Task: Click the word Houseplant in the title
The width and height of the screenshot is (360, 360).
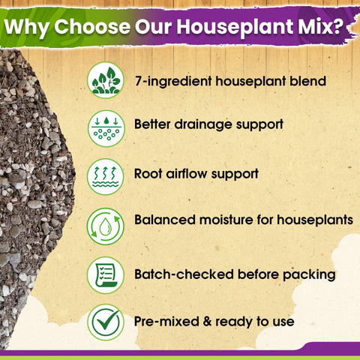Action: [x=235, y=27]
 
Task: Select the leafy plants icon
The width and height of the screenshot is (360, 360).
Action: [x=106, y=80]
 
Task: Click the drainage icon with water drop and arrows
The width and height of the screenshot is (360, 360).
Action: [x=106, y=128]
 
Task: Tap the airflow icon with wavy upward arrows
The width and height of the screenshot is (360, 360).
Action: [x=106, y=177]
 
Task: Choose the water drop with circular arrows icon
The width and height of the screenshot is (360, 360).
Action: [x=106, y=226]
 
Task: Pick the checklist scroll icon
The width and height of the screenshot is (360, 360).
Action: [x=106, y=275]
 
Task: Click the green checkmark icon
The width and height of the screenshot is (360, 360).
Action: [x=106, y=322]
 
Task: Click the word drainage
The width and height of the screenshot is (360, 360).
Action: [x=203, y=125]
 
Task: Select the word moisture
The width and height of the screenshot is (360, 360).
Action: [x=226, y=220]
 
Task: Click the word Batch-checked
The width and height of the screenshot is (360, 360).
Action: [x=184, y=274]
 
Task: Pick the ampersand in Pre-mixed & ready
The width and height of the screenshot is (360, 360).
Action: [x=208, y=322]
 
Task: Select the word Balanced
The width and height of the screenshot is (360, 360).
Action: [x=165, y=220]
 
